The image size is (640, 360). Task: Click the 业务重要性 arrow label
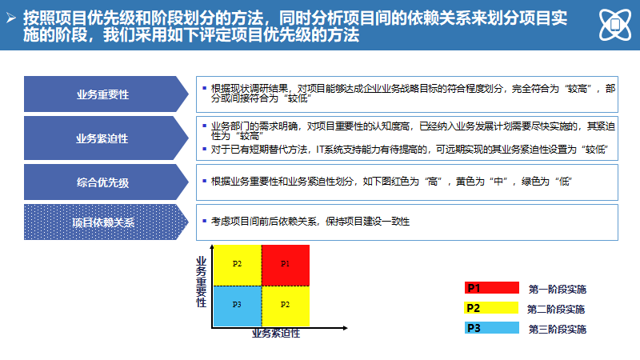coord(102,94)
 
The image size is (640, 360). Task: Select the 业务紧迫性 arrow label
coord(102,138)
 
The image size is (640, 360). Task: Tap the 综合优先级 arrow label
coord(102,182)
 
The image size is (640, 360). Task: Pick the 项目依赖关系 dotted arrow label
coord(102,222)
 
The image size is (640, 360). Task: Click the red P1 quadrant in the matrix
coord(286,263)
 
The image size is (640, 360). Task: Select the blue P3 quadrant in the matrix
coord(237,305)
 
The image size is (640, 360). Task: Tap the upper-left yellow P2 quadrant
coord(237,263)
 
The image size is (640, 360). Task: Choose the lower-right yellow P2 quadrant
coord(286,305)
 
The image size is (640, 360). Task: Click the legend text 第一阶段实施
coord(557,289)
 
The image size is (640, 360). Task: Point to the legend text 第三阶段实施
coord(557,329)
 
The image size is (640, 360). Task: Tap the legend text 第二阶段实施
coord(557,309)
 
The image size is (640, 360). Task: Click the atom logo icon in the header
coord(614,25)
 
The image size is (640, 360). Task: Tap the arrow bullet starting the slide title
coord(10,17)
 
